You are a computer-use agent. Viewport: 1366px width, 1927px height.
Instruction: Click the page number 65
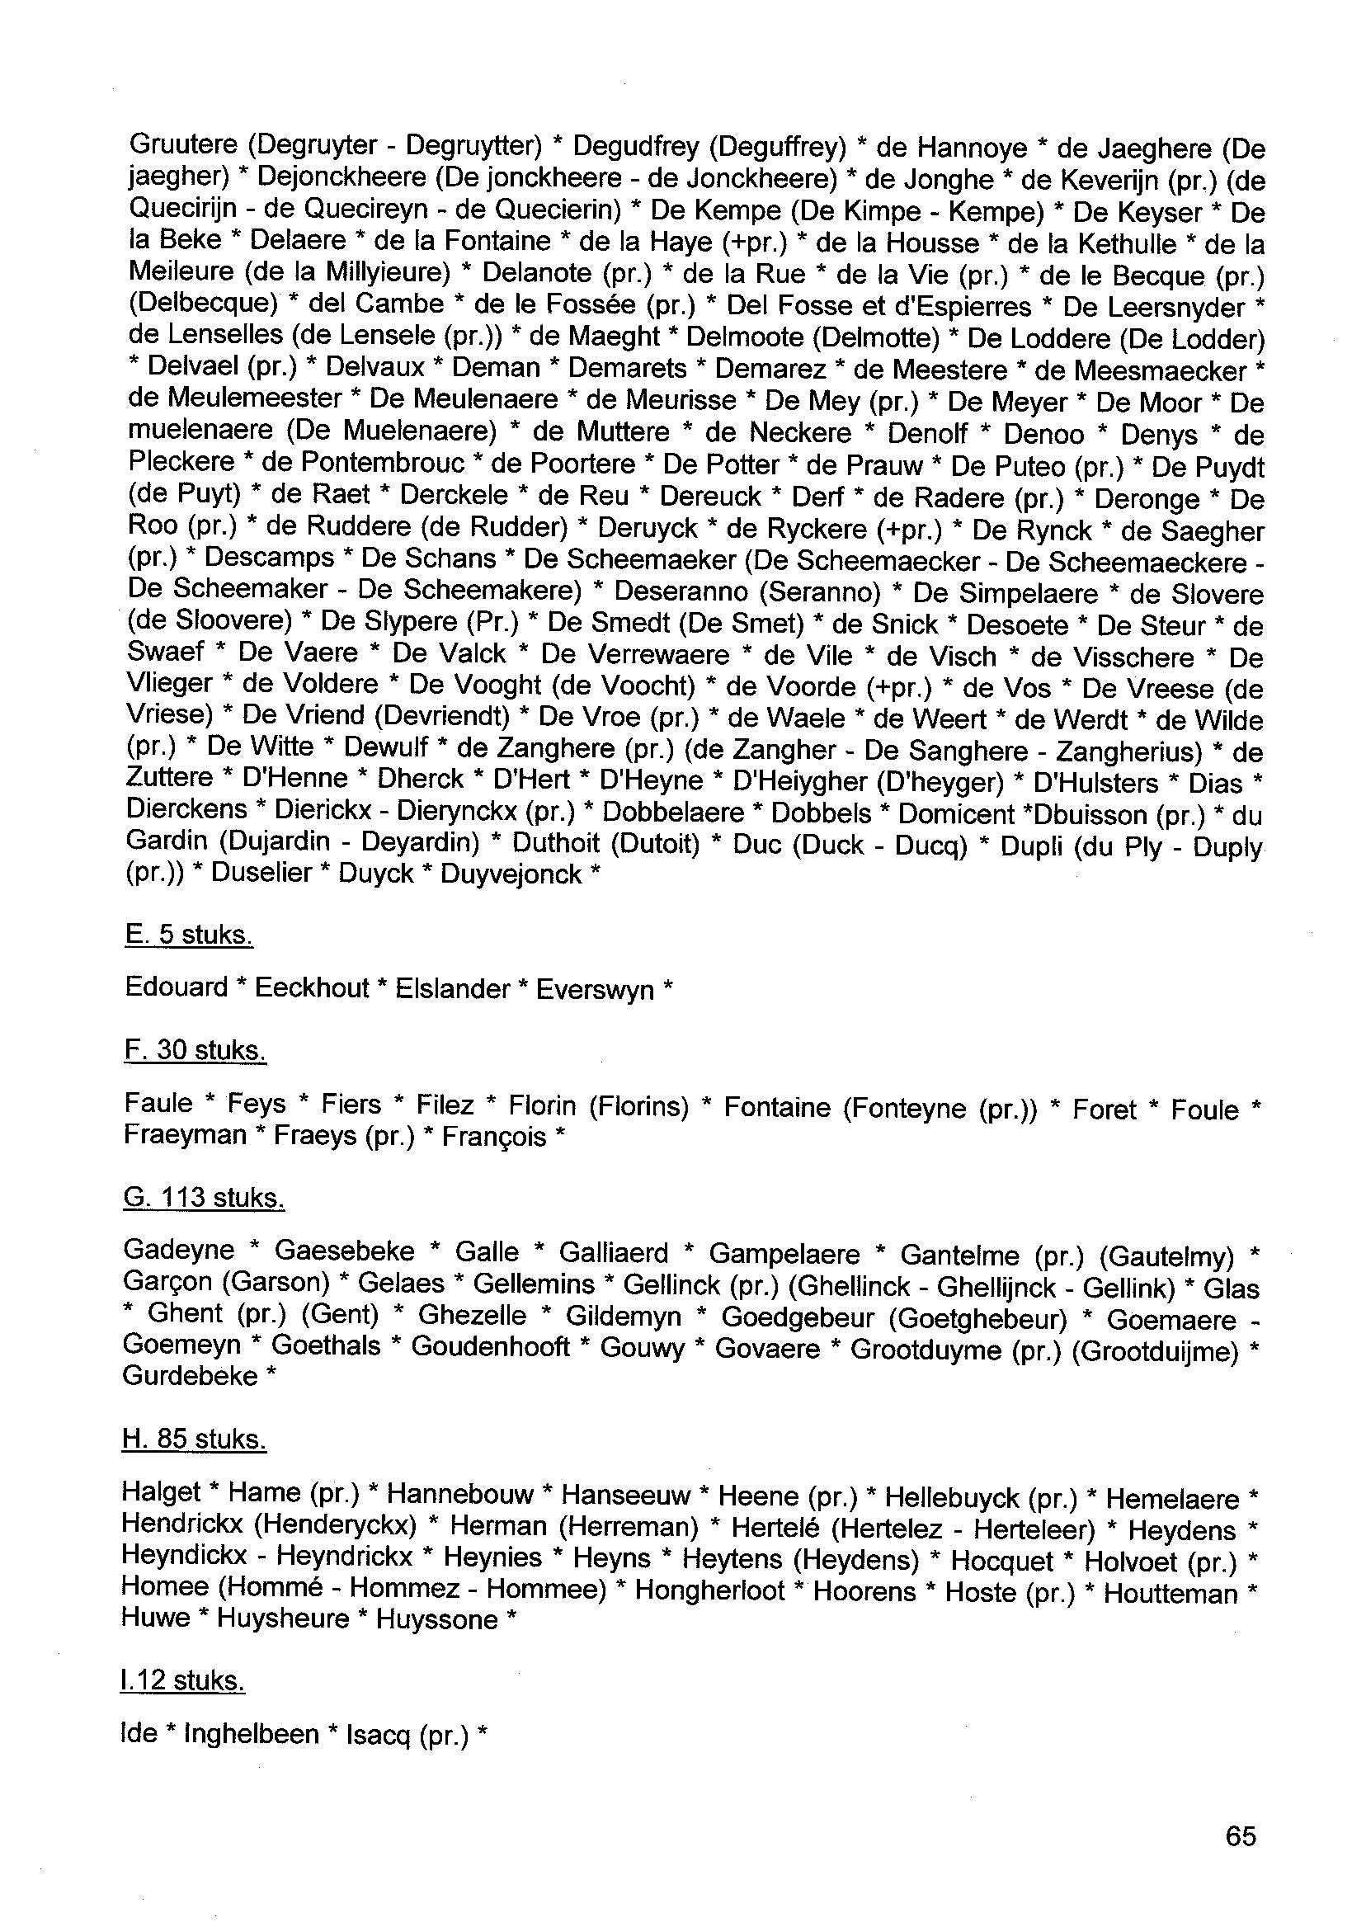pos(1241,1835)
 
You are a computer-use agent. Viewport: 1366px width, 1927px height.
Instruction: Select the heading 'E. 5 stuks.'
pos(188,935)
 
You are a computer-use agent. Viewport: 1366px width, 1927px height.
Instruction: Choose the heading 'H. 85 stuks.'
pos(195,1439)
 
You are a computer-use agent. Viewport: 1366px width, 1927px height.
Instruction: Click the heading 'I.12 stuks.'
pos(183,1680)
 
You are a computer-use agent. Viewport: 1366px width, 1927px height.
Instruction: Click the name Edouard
pos(177,987)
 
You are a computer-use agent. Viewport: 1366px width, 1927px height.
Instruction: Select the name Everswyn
pos(595,989)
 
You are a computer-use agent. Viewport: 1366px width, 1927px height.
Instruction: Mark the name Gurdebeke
pos(190,1376)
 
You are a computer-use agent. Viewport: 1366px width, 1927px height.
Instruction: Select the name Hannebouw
pos(460,1494)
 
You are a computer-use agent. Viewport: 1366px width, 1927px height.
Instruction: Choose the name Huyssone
pos(436,1619)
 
